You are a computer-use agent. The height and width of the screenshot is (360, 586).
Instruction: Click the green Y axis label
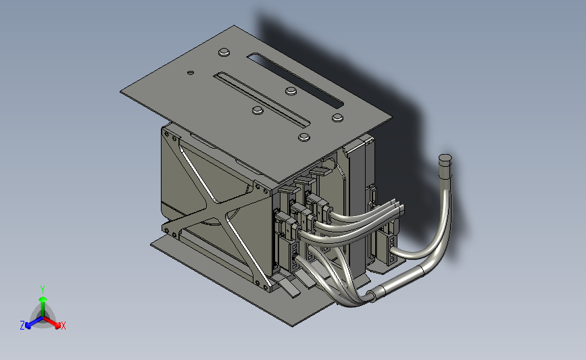tap(42, 290)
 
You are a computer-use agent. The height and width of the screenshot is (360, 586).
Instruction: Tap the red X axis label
tap(63, 326)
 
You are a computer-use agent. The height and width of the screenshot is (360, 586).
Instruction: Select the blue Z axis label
tap(22, 326)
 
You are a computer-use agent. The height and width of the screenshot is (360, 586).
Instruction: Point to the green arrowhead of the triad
tap(43, 299)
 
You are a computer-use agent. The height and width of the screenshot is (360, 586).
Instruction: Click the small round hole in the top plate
tap(191, 72)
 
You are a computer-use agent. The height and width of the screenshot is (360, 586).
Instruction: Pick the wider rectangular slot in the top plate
tap(295, 80)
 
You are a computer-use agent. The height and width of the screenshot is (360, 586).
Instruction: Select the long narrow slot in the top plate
tap(262, 99)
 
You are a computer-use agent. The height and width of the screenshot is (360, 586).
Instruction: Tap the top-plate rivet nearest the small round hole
tap(224, 52)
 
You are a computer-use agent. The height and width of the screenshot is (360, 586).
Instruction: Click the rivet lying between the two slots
tap(291, 91)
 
